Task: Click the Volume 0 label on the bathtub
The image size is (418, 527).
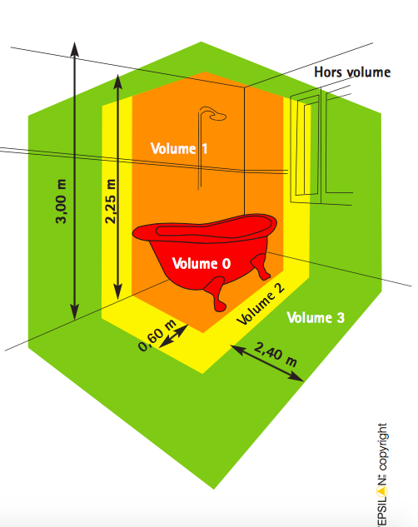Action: (202, 263)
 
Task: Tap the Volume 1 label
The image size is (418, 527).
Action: (179, 148)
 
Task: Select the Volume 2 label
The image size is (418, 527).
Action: (261, 305)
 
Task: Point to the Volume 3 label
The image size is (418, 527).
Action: (316, 317)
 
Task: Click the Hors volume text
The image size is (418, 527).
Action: (352, 72)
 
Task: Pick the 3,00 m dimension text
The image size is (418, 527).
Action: (61, 201)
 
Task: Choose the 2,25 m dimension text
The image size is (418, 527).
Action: (110, 201)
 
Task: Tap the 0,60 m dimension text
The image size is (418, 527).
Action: (157, 336)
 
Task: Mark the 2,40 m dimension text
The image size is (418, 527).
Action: (276, 355)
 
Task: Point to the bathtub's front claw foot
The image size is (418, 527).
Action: (216, 294)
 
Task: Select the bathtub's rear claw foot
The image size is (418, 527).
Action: (261, 267)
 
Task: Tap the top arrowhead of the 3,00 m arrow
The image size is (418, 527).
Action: (75, 49)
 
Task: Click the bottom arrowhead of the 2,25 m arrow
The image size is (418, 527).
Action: (117, 291)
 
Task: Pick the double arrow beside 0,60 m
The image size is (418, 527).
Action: (173, 336)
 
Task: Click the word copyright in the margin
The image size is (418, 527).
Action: (383, 447)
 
